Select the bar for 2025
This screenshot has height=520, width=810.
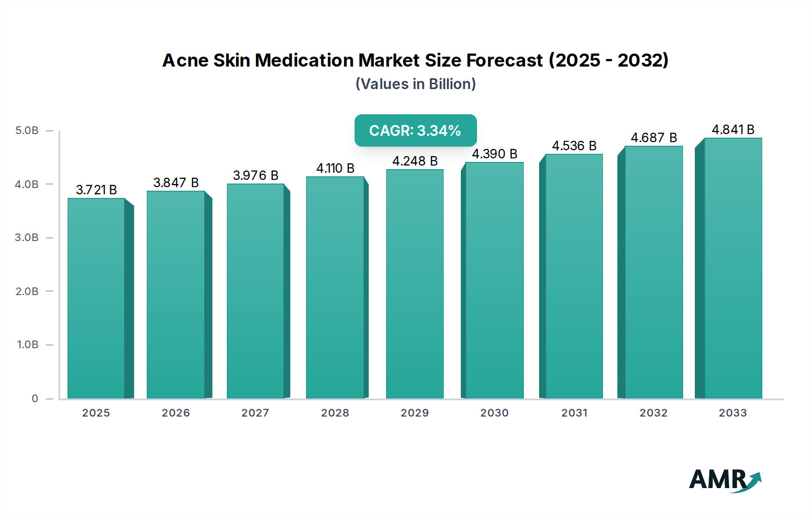96,298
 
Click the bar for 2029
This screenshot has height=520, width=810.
414,284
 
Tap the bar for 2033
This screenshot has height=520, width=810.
733,268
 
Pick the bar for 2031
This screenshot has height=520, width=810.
574,276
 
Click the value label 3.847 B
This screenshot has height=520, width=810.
176,183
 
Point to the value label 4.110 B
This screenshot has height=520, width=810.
335,168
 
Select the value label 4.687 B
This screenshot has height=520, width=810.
653,138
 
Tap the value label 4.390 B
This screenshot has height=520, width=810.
494,154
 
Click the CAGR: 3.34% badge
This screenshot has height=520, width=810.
415,130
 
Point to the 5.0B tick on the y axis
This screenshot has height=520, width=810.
27,130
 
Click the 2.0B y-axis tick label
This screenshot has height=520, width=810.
27,291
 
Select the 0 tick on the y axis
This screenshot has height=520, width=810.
35,399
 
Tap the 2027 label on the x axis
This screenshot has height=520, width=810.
255,413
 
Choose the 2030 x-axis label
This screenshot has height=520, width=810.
494,413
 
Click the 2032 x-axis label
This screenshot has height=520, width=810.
653,413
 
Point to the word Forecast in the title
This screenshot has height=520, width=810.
504,60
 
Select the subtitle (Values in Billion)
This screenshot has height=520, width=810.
415,84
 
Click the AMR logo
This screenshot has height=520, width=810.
724,480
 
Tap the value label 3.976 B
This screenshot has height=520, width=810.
256,175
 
